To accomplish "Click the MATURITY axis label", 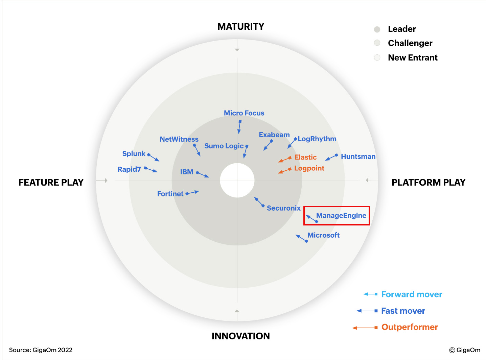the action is pos(240,26).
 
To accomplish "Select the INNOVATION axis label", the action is pos(240,336).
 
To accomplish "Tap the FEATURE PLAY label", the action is pos(51,182).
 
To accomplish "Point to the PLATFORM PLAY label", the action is pos(429,182).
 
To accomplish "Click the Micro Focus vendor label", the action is pos(244,113).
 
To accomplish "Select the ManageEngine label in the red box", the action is pos(341,215).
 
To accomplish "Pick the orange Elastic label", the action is pos(305,157).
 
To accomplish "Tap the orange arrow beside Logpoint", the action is pos(285,171).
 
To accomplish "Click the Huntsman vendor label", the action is pos(358,157).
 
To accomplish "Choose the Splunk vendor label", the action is pos(134,153).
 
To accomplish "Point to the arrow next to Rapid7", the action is pos(151,169).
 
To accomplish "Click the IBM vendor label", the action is pos(187,172).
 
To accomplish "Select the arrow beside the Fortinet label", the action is pos(192,193).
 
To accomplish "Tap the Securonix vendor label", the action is pos(283,208).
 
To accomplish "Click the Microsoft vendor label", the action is pos(323,235).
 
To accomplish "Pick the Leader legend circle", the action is pos(377,29).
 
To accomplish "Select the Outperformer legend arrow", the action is pos(365,328).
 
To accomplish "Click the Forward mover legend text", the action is pos(412,294).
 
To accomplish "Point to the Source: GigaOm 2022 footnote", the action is pos(41,350).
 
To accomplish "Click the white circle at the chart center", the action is pos(237,180).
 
